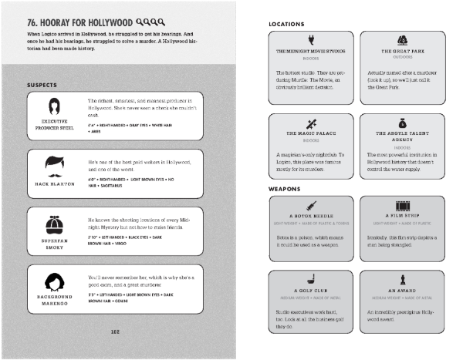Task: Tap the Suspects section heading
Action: click(43, 84)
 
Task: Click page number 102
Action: click(114, 332)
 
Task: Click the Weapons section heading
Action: click(285, 188)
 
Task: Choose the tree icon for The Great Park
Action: click(401, 40)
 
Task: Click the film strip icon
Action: click(401, 205)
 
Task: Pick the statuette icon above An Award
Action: click(401, 278)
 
